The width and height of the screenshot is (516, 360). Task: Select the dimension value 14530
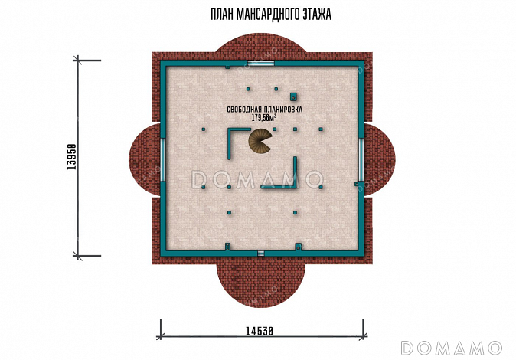pos(260,330)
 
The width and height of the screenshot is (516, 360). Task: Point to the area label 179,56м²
pos(263,118)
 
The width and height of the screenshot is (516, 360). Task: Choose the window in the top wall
pos(261,64)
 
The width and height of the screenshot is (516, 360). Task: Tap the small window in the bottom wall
pos(261,254)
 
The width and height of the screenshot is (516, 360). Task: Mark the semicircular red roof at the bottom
pos(261,284)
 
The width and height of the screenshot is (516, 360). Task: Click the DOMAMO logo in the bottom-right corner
pos(452,349)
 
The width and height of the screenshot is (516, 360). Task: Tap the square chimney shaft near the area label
pos(293,97)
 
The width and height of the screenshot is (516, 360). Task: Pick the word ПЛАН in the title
pos(222,15)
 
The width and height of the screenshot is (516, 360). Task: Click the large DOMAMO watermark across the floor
pos(257,180)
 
